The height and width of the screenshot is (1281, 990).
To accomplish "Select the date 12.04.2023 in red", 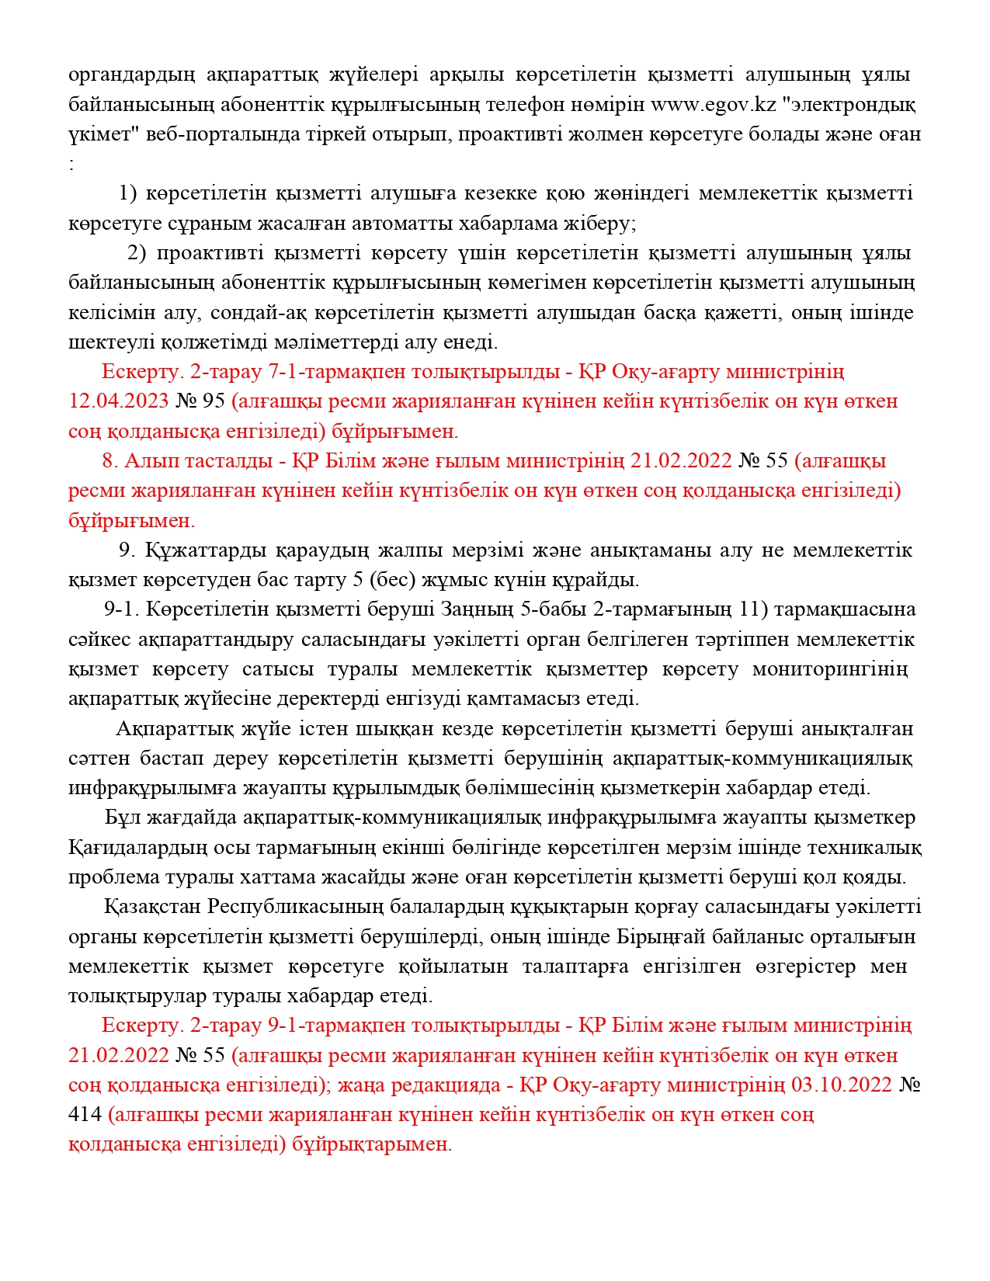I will click(119, 401).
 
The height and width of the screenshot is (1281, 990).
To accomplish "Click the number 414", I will click(85, 1115).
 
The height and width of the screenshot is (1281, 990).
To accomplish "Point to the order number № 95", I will click(200, 401).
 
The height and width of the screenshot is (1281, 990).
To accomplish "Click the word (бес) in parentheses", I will click(391, 580).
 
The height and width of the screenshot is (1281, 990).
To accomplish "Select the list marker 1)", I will click(128, 193).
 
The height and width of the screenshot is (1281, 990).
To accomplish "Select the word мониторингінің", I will click(829, 669).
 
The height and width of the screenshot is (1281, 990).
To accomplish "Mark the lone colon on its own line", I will click(71, 164).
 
